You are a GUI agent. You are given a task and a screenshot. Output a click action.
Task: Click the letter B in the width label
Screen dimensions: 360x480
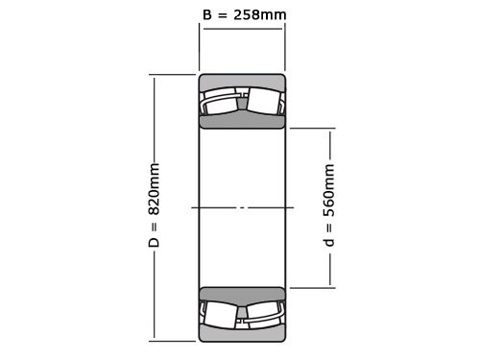207,14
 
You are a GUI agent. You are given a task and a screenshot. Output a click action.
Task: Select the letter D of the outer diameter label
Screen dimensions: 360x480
155,242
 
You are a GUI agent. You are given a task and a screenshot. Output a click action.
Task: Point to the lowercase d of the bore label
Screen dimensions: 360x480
329,241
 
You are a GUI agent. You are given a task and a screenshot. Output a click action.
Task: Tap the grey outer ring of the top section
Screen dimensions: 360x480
242,82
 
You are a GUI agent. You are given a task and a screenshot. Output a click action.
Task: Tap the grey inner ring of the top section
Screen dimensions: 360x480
242,121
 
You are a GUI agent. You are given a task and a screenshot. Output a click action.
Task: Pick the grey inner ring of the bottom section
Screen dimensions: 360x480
242,295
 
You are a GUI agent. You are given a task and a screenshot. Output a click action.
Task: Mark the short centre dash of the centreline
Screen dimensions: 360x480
242,207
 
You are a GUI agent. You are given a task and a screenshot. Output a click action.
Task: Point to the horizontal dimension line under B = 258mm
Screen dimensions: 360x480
242,29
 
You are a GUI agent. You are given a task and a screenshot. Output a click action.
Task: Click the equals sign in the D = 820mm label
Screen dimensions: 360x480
155,227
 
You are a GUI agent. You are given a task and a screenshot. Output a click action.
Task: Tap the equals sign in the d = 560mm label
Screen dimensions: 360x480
329,227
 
